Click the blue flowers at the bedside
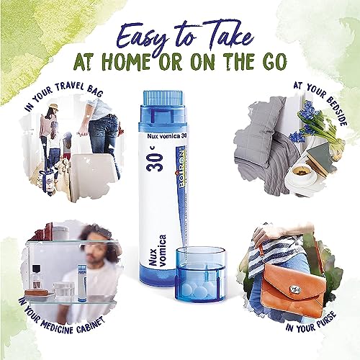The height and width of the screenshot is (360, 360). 305,115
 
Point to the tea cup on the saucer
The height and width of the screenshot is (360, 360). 298,171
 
